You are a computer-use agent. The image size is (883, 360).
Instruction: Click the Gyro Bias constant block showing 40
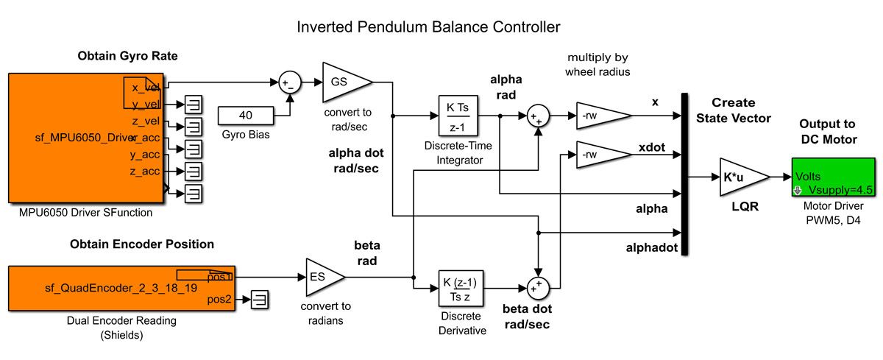point(246,116)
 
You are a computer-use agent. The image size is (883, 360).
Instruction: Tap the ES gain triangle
point(322,277)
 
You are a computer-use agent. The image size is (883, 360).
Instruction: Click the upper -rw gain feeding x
point(600,116)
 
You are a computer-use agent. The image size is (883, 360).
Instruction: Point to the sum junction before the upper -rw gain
point(538,116)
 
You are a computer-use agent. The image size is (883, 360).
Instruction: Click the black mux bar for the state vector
point(685,174)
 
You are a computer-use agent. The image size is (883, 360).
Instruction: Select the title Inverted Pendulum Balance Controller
point(428,27)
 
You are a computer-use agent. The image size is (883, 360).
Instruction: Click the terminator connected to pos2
point(260,300)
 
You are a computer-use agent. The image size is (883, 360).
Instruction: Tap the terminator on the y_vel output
point(194,105)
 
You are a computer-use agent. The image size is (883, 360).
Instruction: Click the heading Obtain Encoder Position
point(142,244)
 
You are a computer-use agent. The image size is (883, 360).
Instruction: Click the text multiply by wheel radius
point(597,65)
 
